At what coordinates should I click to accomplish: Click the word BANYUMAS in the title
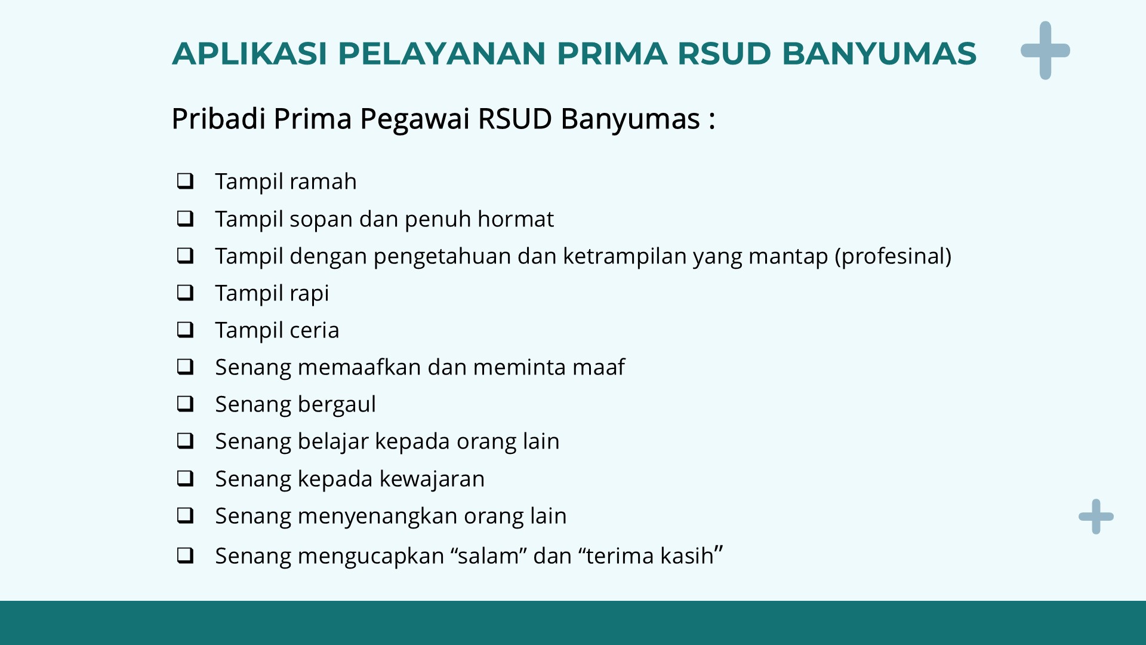[x=879, y=53]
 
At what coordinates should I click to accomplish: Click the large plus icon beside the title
[x=1045, y=51]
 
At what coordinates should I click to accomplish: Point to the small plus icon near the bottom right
[x=1096, y=517]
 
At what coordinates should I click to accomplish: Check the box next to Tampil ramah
[x=186, y=180]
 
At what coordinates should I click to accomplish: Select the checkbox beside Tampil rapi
[x=186, y=292]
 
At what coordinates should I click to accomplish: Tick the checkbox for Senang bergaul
[x=186, y=404]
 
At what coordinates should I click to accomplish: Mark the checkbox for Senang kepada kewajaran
[x=186, y=478]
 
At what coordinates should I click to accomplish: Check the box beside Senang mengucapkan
[x=186, y=555]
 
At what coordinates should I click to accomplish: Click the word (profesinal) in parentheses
[x=893, y=256]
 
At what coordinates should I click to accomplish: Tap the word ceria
[x=315, y=330]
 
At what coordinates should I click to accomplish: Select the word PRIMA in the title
[x=612, y=53]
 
